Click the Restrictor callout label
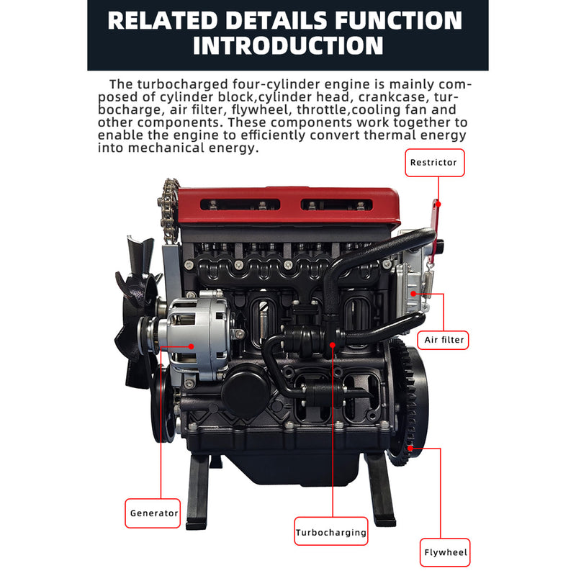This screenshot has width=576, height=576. tap(433, 163)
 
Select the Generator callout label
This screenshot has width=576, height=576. tap(153, 513)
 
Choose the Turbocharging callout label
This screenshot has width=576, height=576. tap(331, 534)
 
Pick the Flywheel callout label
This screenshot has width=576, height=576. tap(445, 553)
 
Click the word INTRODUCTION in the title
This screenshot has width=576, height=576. tap(288, 46)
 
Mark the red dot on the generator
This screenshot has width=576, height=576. tap(192, 346)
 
